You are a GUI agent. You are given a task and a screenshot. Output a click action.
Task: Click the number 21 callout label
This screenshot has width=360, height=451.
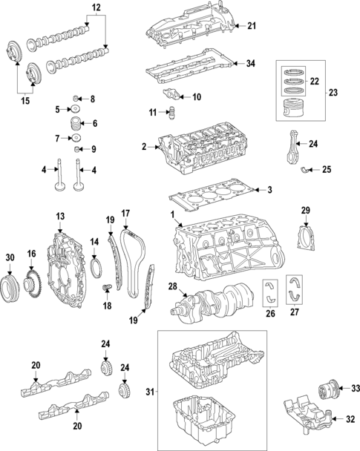pos(252,27)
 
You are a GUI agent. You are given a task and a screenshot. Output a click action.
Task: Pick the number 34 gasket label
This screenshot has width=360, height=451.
pos(252,65)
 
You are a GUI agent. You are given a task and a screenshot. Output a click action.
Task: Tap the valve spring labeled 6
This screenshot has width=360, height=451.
pos(74,123)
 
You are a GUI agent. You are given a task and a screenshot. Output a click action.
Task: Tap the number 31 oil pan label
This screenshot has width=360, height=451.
pos(149,391)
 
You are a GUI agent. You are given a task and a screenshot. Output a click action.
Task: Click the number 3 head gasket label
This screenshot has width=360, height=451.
pos(269,191)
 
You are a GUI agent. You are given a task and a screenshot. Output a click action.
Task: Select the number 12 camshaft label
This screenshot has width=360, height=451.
pos(96,9)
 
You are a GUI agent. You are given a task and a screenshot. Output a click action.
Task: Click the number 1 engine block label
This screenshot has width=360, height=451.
pos(173,216)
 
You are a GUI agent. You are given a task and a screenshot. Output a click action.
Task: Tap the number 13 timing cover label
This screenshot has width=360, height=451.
pos(60,216)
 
